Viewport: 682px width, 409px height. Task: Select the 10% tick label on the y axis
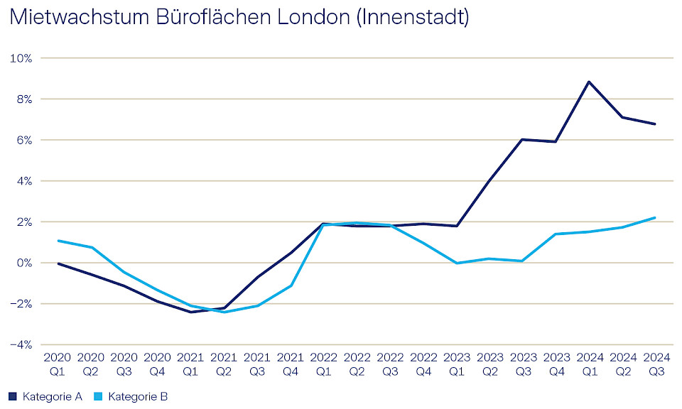(x=21, y=58)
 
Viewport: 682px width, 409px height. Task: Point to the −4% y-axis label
(x=21, y=345)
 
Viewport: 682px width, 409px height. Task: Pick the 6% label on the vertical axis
(x=23, y=141)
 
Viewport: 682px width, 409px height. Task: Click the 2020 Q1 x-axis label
(x=58, y=364)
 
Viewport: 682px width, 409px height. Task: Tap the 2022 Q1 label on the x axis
(x=323, y=364)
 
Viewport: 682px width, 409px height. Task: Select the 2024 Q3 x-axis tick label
(x=654, y=364)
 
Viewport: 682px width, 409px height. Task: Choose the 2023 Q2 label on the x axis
(x=489, y=364)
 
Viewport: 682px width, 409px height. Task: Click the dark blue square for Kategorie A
(x=12, y=396)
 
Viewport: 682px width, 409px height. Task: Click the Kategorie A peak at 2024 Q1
(x=588, y=82)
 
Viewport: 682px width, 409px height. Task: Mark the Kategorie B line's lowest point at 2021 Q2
(x=224, y=312)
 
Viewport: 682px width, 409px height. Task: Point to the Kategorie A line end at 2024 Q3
(x=654, y=124)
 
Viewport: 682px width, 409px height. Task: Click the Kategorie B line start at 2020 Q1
(x=58, y=241)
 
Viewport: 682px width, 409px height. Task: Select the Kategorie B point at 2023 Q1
(x=457, y=263)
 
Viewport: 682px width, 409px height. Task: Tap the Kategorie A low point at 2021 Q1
(x=190, y=312)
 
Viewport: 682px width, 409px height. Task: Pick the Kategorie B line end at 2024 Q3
(x=654, y=218)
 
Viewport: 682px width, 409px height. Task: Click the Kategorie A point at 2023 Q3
(x=522, y=140)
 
